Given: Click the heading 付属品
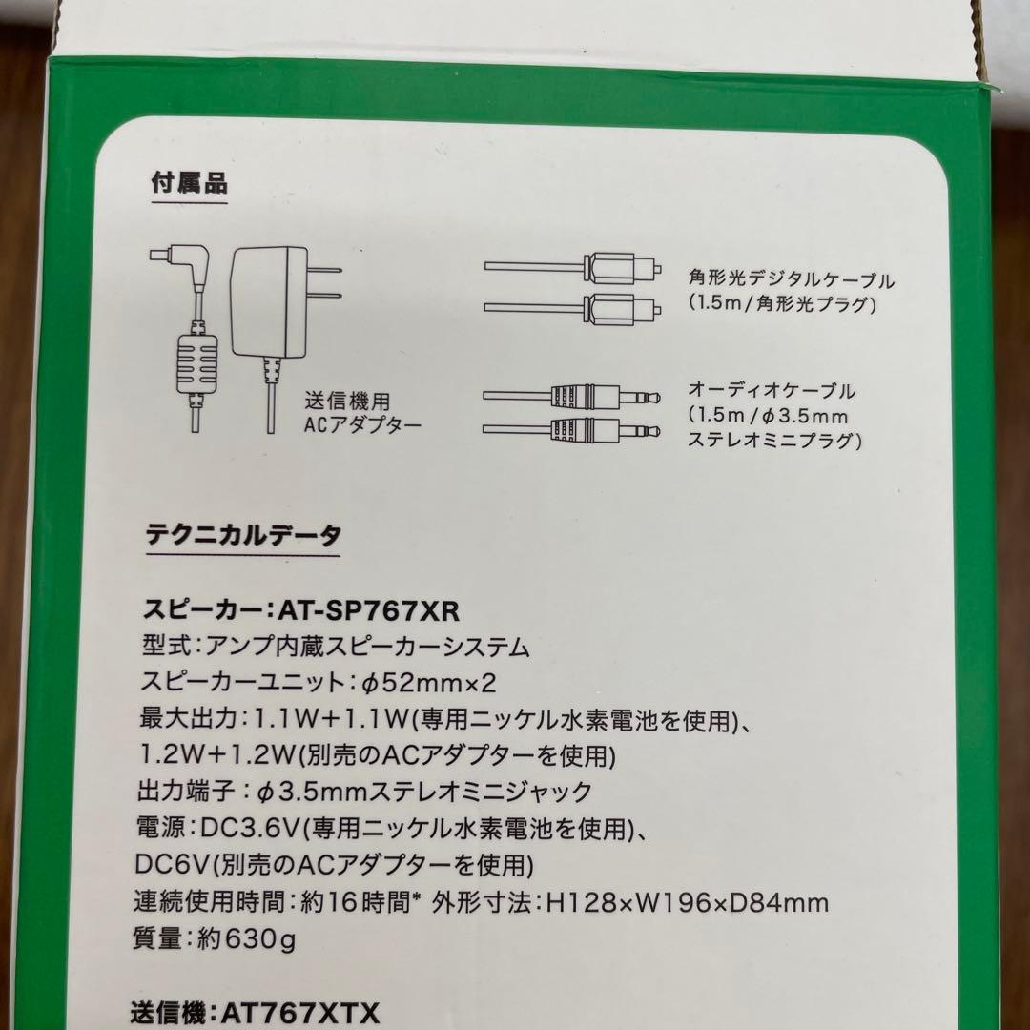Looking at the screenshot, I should tap(190, 183).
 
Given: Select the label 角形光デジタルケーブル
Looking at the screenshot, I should tap(791, 281).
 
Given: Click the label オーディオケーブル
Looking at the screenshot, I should tap(772, 391).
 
